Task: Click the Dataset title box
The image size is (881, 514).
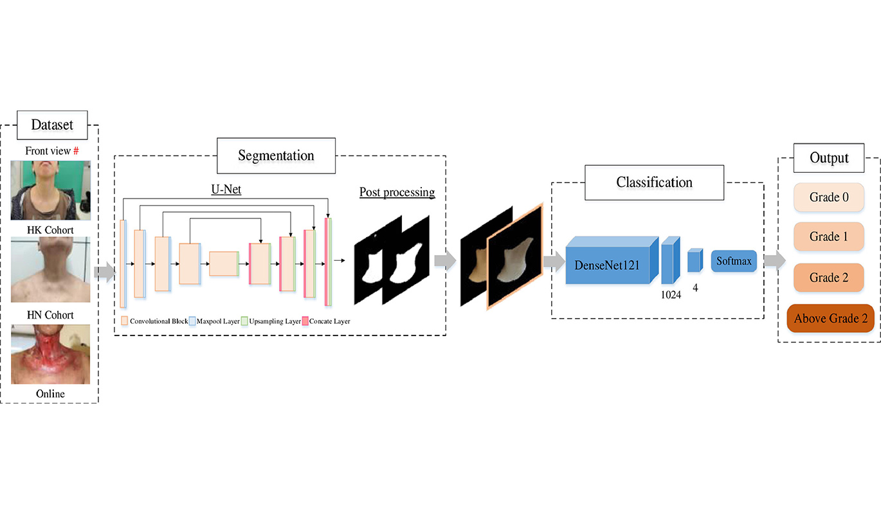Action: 53,125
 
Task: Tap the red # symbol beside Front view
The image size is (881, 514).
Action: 76,151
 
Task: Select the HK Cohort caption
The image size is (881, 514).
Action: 50,230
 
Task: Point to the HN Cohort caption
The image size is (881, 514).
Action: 50,315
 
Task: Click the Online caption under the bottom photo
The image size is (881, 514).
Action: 50,393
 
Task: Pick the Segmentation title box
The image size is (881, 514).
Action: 276,155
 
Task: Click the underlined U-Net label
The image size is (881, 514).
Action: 226,190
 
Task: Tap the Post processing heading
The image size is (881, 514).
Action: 397,192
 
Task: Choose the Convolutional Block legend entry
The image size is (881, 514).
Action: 154,321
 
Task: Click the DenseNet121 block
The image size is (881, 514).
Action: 607,263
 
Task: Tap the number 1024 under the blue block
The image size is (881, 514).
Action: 671,296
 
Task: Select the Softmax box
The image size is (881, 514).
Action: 734,261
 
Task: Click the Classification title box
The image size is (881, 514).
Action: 654,182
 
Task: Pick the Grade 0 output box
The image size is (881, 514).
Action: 829,197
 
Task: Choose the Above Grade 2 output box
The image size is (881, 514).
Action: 830,318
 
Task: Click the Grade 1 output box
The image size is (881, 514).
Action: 829,237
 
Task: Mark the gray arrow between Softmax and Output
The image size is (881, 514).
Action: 774,260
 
